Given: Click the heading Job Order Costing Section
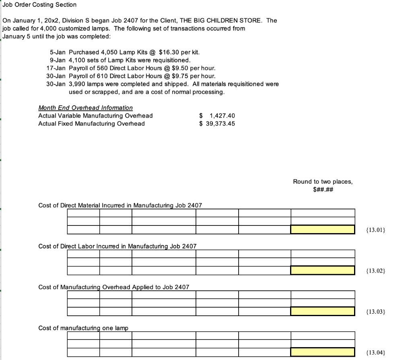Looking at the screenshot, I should [x=39, y=5].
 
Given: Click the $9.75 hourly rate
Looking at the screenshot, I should [x=179, y=76].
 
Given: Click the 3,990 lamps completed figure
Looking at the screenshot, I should [x=78, y=84].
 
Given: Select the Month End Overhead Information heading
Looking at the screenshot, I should [x=85, y=108].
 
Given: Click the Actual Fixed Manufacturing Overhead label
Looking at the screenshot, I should [x=91, y=123].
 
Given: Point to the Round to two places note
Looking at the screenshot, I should [x=323, y=182].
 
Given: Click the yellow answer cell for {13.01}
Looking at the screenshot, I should [x=323, y=230].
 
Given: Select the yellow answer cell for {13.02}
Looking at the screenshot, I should [x=323, y=270].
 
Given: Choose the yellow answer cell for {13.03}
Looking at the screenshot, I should [x=323, y=311].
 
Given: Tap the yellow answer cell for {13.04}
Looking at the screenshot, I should [x=323, y=352].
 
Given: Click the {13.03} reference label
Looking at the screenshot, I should [x=377, y=311].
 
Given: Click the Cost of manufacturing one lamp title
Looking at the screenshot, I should [x=83, y=328].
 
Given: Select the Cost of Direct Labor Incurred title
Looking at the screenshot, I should [x=117, y=246].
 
